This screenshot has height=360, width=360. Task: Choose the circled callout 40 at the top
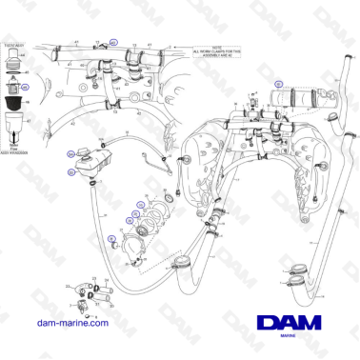[113, 43]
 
